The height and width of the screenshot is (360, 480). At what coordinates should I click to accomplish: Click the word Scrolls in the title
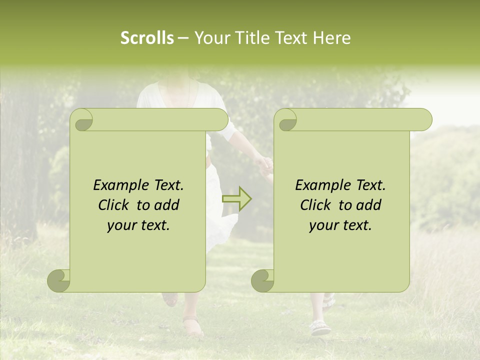(x=147, y=38)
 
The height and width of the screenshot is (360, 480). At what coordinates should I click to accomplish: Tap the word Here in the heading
(x=332, y=38)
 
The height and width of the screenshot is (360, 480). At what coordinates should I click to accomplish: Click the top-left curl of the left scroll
(x=81, y=120)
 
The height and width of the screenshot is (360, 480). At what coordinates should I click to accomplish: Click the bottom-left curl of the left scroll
(x=59, y=280)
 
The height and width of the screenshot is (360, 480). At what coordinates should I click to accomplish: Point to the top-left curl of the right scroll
(x=285, y=120)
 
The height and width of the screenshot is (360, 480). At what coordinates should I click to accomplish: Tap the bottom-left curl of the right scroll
(x=263, y=280)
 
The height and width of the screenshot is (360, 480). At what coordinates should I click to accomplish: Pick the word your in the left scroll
(x=120, y=225)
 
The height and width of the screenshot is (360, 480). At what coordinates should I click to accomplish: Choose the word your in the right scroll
(x=322, y=225)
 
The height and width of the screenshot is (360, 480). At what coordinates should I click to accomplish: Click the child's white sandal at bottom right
(x=320, y=327)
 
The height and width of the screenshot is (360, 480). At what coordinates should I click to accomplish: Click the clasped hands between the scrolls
(x=264, y=165)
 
